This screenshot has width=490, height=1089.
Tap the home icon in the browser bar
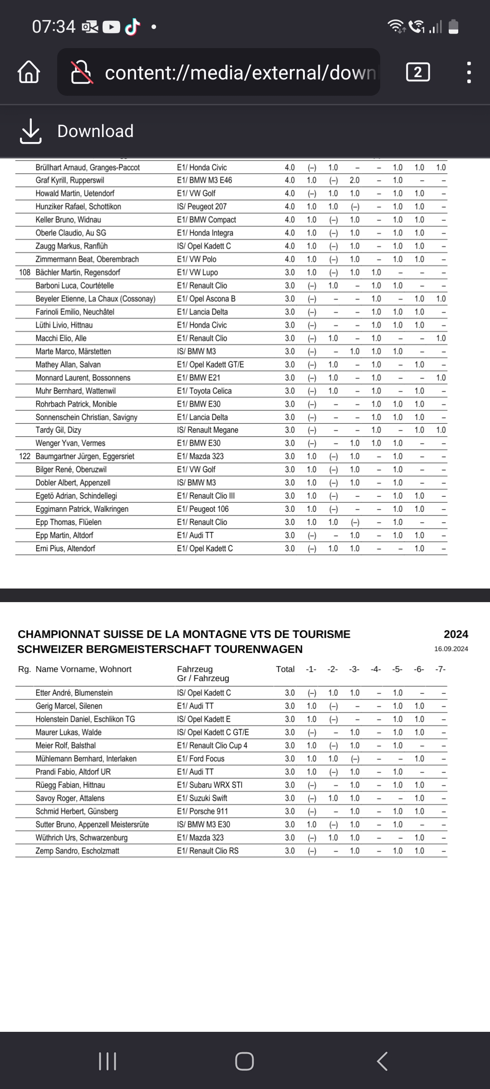tap(29, 73)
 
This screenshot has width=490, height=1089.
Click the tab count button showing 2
tap(418, 72)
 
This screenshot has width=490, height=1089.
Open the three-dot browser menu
tap(469, 73)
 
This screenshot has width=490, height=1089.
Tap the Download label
tap(95, 131)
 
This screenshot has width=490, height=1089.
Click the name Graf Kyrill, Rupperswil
tap(70, 180)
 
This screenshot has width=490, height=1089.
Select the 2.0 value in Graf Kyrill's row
tap(354, 180)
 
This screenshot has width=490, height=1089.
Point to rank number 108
tap(24, 272)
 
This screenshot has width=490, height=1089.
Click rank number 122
tap(24, 456)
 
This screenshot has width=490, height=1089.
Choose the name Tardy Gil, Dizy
tap(58, 430)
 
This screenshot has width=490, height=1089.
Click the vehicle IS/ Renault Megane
tap(207, 430)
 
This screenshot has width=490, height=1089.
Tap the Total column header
tap(285, 669)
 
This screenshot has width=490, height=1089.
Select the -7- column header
tap(440, 669)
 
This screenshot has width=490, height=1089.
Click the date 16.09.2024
tap(451, 649)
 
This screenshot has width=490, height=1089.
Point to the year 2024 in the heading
tap(456, 634)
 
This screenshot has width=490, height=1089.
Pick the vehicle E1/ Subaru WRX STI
tap(210, 785)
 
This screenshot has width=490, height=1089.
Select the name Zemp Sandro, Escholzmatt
tap(77, 851)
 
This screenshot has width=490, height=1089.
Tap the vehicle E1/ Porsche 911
tap(202, 811)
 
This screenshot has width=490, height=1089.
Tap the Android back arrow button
tap(382, 1061)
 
